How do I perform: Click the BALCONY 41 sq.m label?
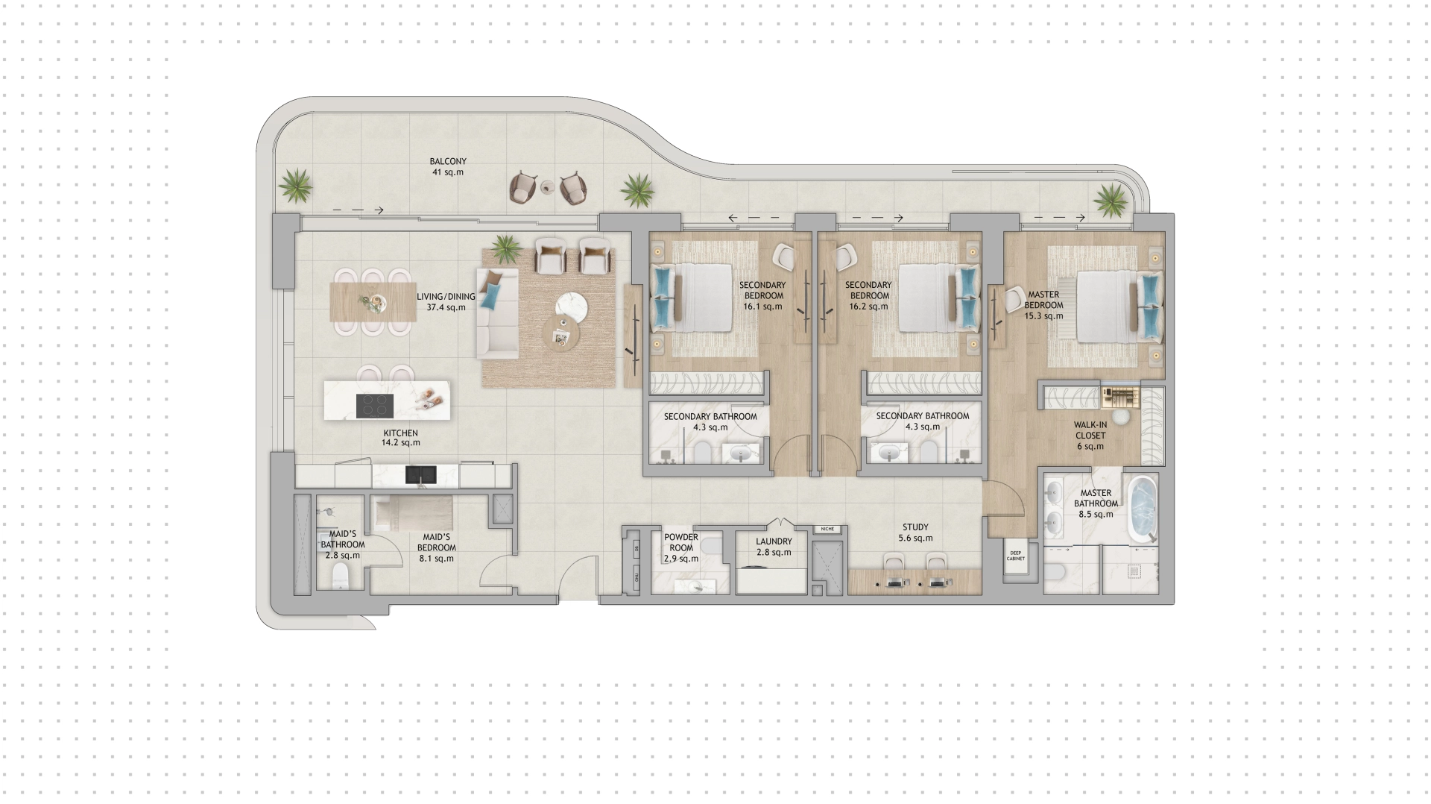(x=448, y=166)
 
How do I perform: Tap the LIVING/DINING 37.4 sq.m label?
(x=446, y=301)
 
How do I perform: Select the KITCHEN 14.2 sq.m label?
(x=400, y=438)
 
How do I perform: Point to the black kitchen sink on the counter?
(x=420, y=474)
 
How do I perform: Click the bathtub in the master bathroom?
(x=1141, y=508)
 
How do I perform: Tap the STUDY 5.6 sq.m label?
(x=915, y=533)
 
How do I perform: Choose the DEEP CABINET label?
(x=1016, y=556)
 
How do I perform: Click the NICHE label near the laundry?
(x=827, y=529)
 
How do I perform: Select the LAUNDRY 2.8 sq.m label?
(x=774, y=547)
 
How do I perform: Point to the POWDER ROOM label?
(x=681, y=542)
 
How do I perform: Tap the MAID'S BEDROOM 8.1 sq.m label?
(x=437, y=547)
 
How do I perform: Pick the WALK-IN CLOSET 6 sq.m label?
(x=1090, y=436)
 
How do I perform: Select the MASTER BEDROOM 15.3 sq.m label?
(x=1043, y=305)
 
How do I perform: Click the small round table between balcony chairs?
(x=549, y=187)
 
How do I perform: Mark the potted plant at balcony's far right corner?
(x=1111, y=198)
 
